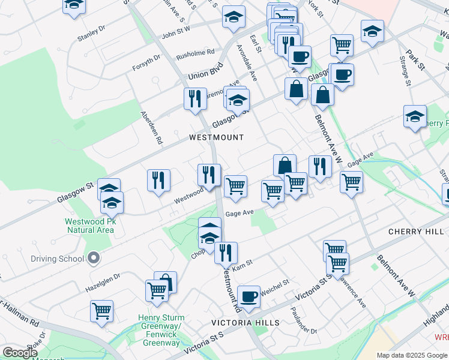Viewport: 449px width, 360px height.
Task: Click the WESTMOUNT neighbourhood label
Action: [x=216, y=137]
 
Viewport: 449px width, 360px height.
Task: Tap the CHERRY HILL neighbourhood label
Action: [x=415, y=232]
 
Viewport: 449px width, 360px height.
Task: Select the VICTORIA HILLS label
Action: [x=245, y=323]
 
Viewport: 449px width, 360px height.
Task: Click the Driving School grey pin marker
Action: [x=92, y=259]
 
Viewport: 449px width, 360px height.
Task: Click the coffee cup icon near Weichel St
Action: [x=249, y=296]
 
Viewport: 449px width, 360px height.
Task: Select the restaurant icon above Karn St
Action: [x=226, y=253]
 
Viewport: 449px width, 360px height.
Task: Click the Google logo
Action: [x=20, y=353]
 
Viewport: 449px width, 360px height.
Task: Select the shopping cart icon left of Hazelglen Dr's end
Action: [x=101, y=311]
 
